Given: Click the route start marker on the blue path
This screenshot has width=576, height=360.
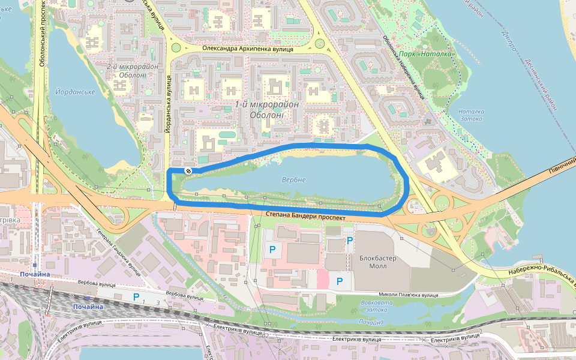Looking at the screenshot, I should pos(188,172).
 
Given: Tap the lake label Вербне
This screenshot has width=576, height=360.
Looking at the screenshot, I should pos(293,180).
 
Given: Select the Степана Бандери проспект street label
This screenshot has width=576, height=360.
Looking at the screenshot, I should pos(304,217).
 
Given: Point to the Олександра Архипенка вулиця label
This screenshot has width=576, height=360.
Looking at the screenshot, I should pos(247,49).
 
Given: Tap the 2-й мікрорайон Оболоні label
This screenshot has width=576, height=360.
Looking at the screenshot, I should pos(133,71).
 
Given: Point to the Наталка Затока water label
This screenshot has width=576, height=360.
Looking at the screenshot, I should pos(470,115).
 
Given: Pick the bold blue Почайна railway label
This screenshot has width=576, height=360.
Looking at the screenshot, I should pos(88,307).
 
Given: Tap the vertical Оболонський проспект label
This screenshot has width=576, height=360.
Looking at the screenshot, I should pos(43,33).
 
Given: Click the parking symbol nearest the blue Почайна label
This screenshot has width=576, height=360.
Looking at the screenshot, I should pos(136,296).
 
